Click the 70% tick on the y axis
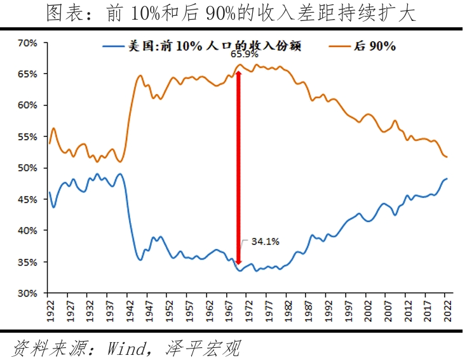[28, 43]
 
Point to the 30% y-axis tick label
[28, 293]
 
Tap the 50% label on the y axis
[28, 168]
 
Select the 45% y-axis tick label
[28, 199]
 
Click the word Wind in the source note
[130, 347]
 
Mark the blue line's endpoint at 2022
[447, 178]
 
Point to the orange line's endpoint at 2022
[447, 157]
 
